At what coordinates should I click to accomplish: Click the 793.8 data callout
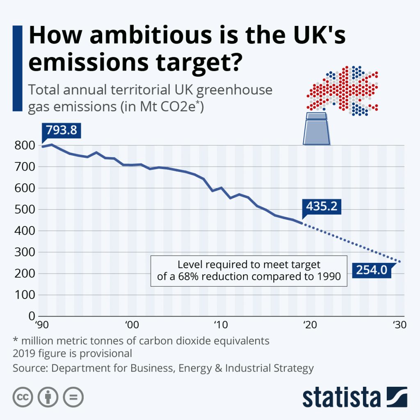click(x=62, y=131)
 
